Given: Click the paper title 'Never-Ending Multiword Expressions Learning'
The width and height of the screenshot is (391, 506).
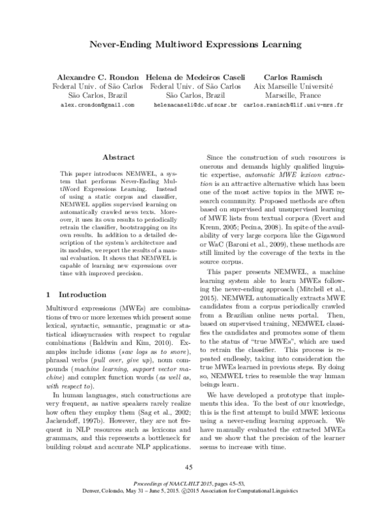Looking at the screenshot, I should [195, 46].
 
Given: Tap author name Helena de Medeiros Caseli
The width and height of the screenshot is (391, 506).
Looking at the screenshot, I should [195, 75].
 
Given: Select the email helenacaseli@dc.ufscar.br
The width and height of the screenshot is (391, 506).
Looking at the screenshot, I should [195, 104].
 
